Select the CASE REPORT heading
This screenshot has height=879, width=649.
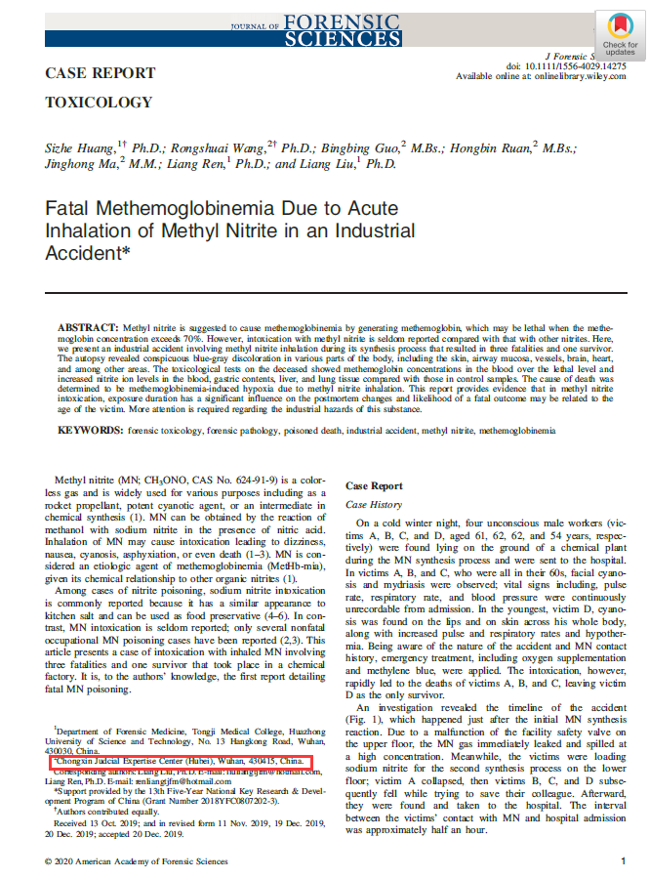101,73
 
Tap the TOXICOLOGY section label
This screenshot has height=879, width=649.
99,102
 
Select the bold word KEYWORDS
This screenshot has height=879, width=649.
91,430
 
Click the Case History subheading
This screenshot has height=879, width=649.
373,504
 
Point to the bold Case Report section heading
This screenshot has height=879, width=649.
374,485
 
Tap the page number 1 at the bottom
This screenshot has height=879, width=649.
623,861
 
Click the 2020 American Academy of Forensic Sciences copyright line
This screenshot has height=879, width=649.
137,861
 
